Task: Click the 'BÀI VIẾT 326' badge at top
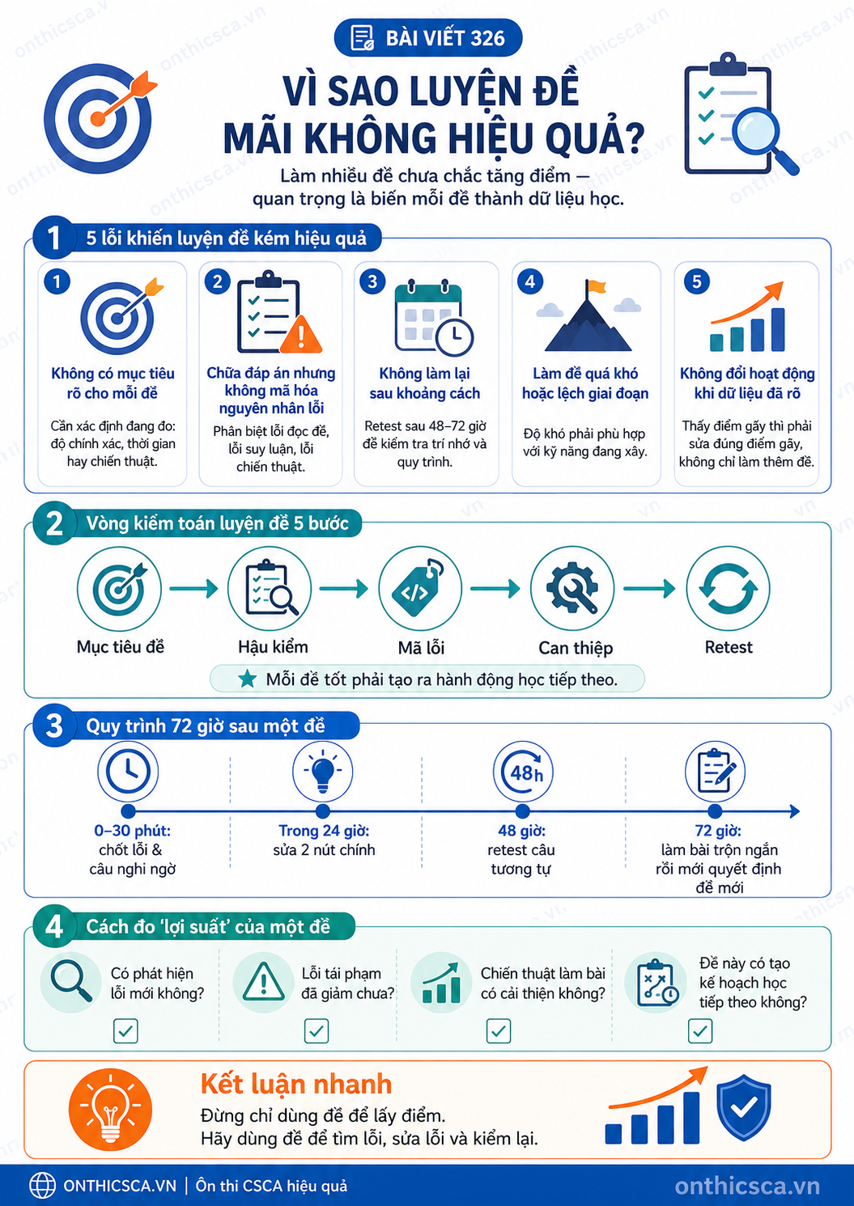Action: [x=428, y=38]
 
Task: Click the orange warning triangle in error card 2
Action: [x=300, y=334]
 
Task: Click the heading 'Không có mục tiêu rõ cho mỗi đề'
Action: [x=113, y=383]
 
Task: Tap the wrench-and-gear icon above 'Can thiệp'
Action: [x=572, y=588]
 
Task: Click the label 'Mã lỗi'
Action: [x=422, y=648]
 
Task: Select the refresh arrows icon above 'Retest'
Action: [x=728, y=589]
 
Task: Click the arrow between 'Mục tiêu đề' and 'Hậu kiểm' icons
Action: [x=193, y=589]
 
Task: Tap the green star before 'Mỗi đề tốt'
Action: [x=248, y=679]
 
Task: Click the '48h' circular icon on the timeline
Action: [x=523, y=772]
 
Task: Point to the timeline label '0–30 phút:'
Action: [x=133, y=831]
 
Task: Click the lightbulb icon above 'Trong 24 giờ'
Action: [x=323, y=771]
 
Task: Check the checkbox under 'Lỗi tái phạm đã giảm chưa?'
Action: [x=317, y=1030]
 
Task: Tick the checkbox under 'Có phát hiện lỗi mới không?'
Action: [x=125, y=1030]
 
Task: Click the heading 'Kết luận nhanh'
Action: [x=296, y=1085]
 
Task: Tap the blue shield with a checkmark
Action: [x=744, y=1107]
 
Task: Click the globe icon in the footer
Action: [x=42, y=1186]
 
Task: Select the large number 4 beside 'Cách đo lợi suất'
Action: [x=54, y=927]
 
